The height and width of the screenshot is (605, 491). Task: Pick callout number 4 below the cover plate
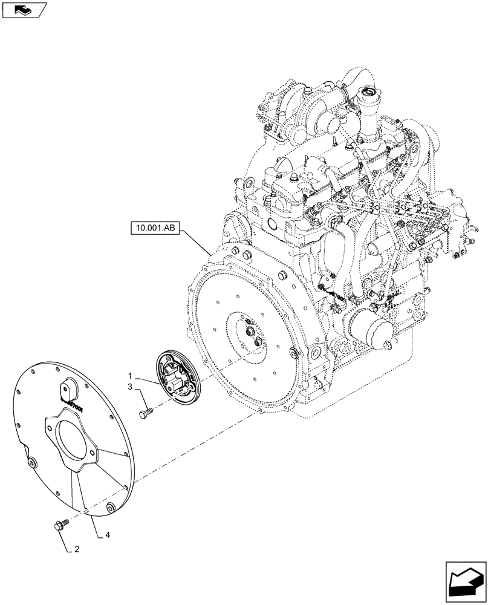pos(107,534)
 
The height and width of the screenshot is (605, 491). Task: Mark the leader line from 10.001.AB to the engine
pos(197,240)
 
